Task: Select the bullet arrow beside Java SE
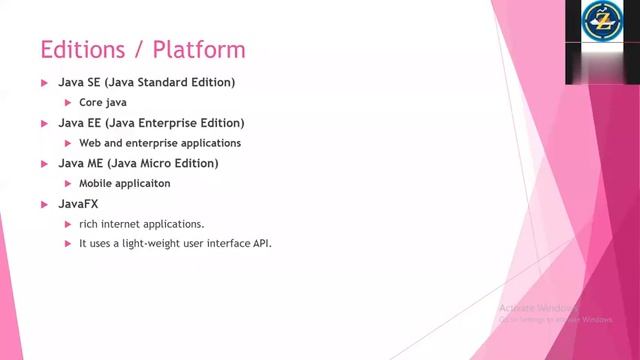(x=44, y=82)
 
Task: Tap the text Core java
(x=103, y=102)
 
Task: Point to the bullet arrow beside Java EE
(x=44, y=123)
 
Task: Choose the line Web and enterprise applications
(x=160, y=143)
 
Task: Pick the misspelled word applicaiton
(x=142, y=184)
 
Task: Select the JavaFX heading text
(x=77, y=204)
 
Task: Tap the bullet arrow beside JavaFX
(x=44, y=204)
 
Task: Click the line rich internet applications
(x=141, y=224)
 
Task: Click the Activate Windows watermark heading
(x=539, y=308)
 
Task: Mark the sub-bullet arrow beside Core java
(x=68, y=102)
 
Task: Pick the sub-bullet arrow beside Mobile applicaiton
(x=68, y=184)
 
